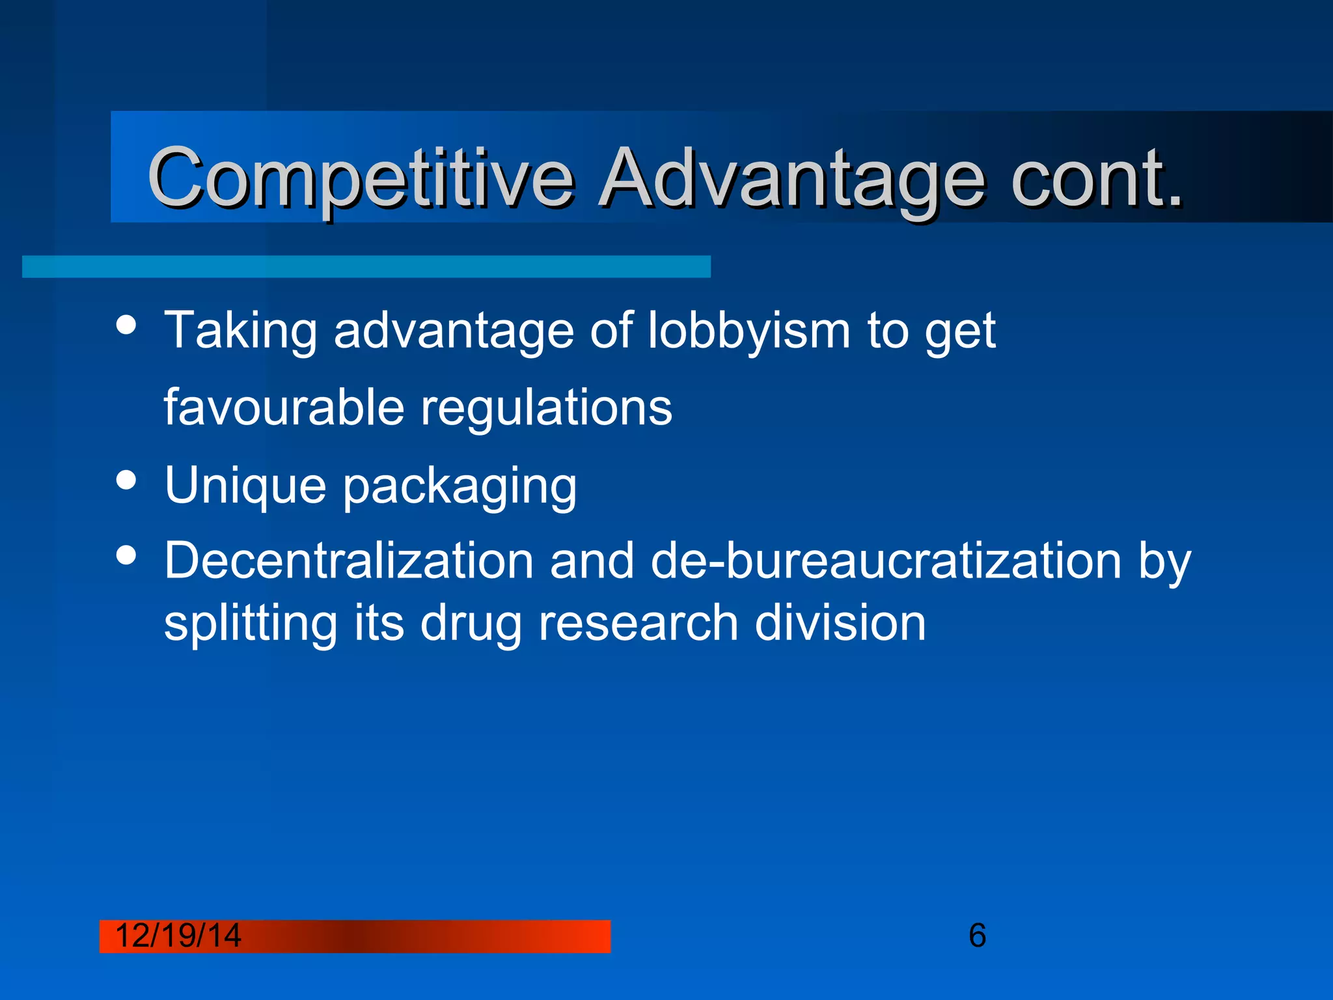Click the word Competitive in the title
(x=361, y=178)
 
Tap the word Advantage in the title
(x=791, y=178)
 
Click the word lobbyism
(x=749, y=331)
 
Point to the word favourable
(x=284, y=408)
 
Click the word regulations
(x=547, y=409)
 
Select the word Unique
(x=245, y=486)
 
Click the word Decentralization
(x=349, y=561)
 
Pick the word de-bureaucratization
(x=886, y=561)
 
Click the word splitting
(x=251, y=624)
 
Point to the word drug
(x=471, y=624)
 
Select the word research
(x=639, y=622)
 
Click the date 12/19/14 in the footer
(x=178, y=936)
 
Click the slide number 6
(x=977, y=936)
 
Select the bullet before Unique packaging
(x=126, y=480)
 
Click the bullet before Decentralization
(x=126, y=555)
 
